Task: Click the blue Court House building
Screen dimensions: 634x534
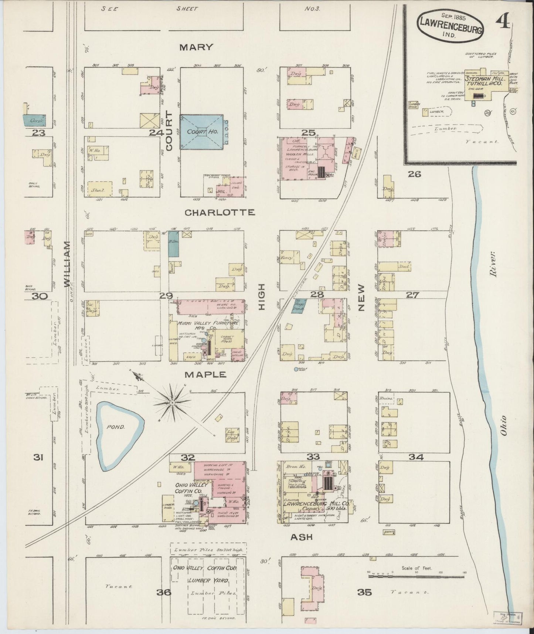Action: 201,132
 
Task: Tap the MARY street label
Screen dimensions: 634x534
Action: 196,47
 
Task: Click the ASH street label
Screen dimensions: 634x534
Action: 302,537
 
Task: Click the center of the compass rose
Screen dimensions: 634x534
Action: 172,402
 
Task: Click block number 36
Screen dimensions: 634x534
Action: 163,592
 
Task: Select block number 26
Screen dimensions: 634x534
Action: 414,174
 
